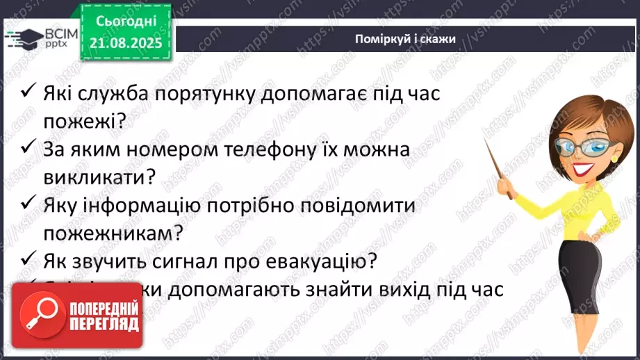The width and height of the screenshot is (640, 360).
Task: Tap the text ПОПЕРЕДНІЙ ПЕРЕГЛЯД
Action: pos(103,316)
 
